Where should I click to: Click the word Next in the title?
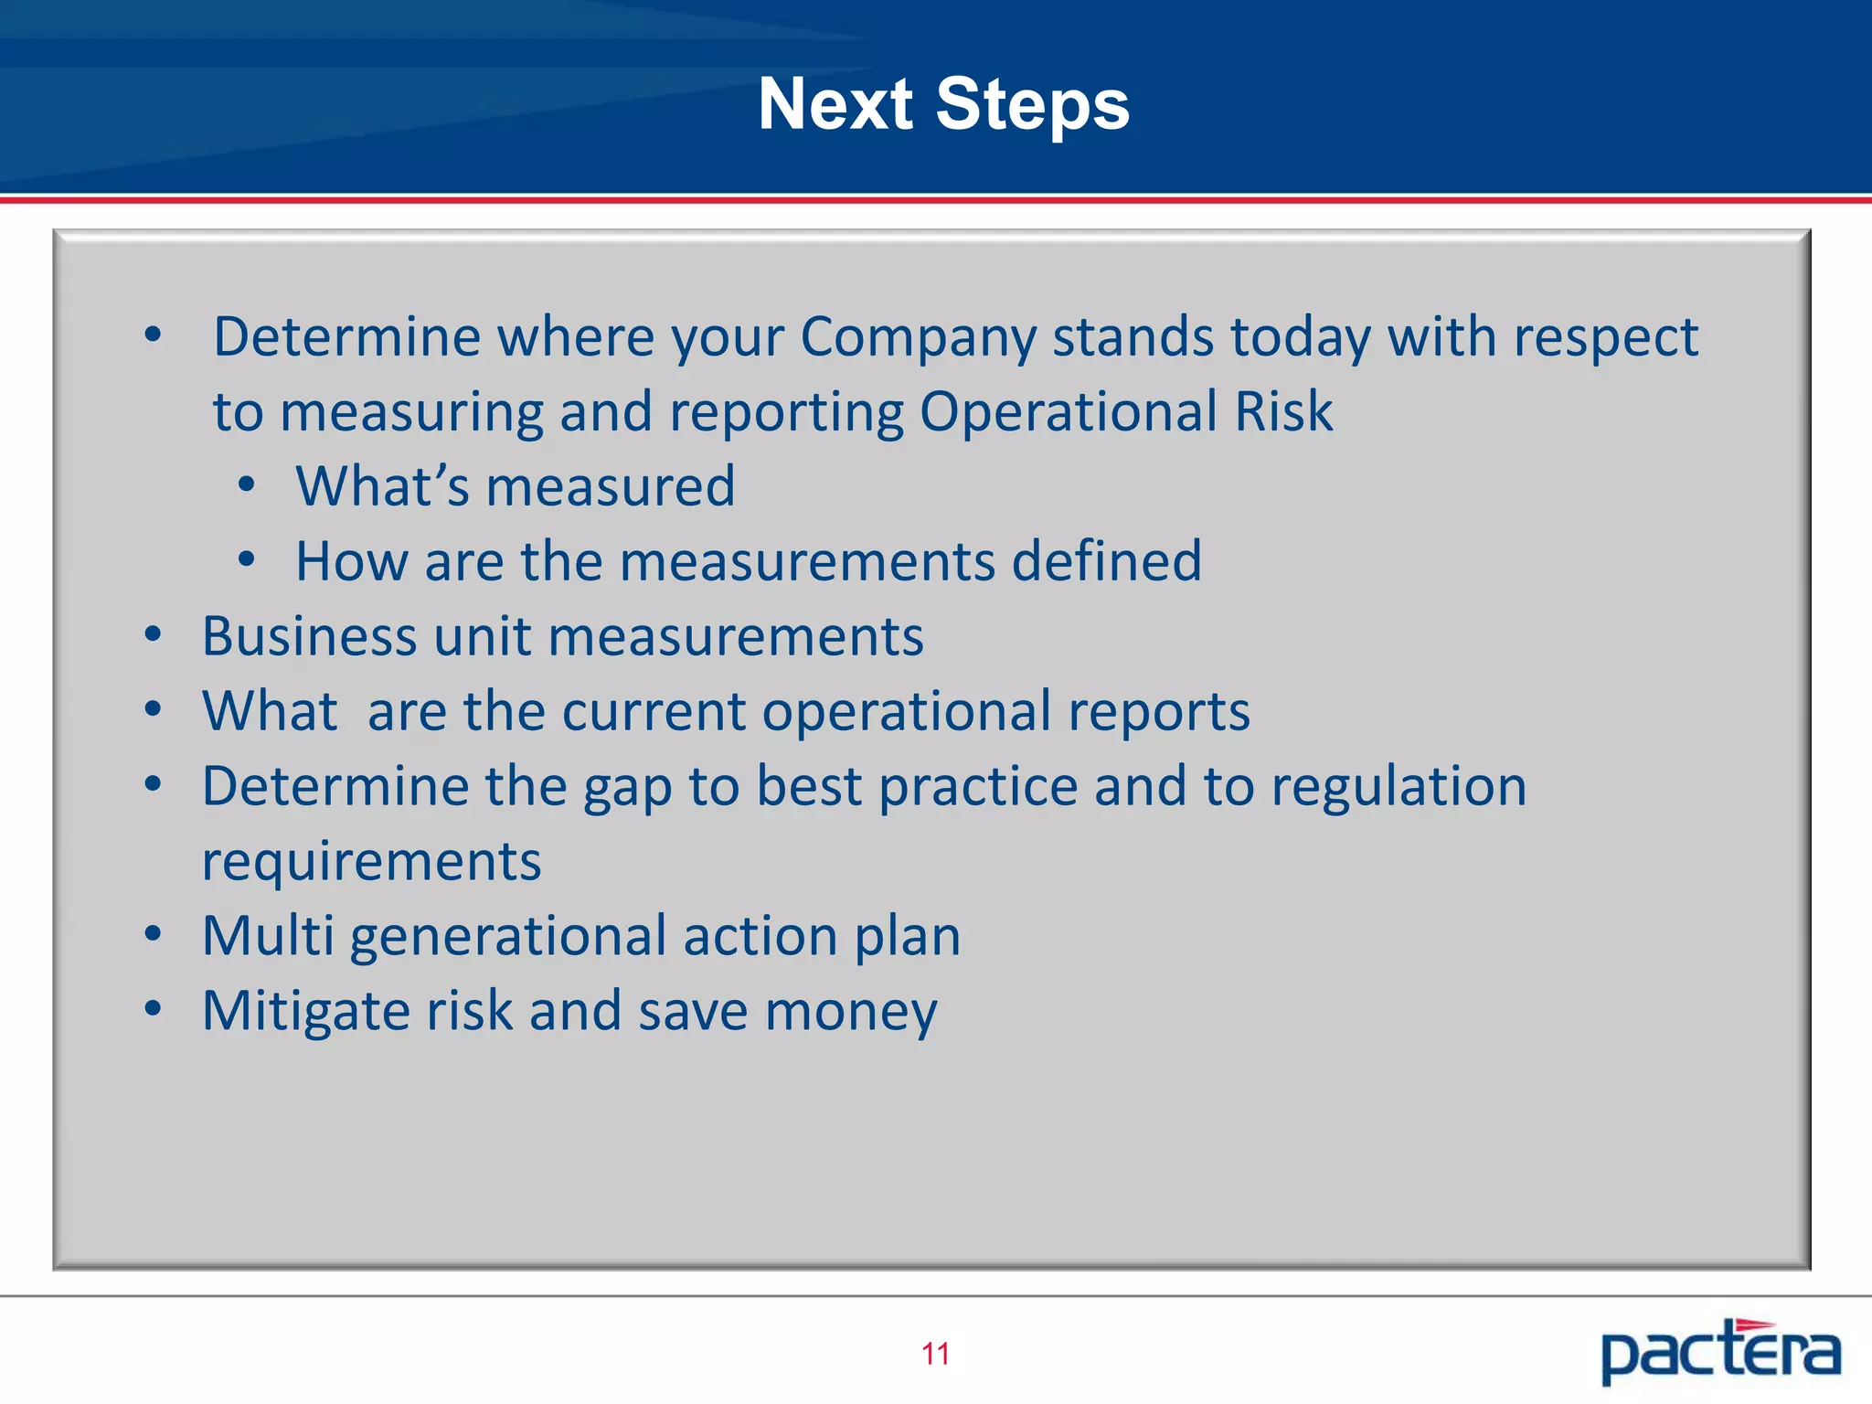tap(835, 104)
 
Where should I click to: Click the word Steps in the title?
tap(1032, 104)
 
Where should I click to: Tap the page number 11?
tap(935, 1354)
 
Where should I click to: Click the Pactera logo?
tap(1720, 1351)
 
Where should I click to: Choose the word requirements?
tap(371, 862)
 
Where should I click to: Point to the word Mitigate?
tap(306, 1011)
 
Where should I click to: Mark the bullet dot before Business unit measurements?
tap(153, 633)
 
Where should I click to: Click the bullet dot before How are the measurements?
tap(246, 559)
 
